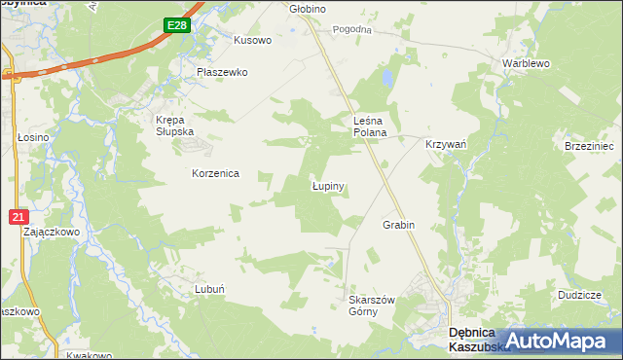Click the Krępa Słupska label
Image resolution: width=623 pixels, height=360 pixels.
pyautogui.click(x=176, y=126)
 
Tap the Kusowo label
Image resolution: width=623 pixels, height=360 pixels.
pyautogui.click(x=252, y=41)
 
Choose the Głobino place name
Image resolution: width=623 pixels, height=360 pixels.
pyautogui.click(x=308, y=8)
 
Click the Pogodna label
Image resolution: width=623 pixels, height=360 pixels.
pyautogui.click(x=352, y=30)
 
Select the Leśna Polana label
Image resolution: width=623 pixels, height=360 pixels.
pyautogui.click(x=370, y=126)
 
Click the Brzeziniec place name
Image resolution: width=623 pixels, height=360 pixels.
pyautogui.click(x=589, y=145)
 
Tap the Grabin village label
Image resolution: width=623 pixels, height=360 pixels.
pyautogui.click(x=398, y=225)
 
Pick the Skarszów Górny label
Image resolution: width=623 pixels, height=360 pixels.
pyautogui.click(x=371, y=306)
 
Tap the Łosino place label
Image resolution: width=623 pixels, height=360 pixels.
pyautogui.click(x=33, y=138)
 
